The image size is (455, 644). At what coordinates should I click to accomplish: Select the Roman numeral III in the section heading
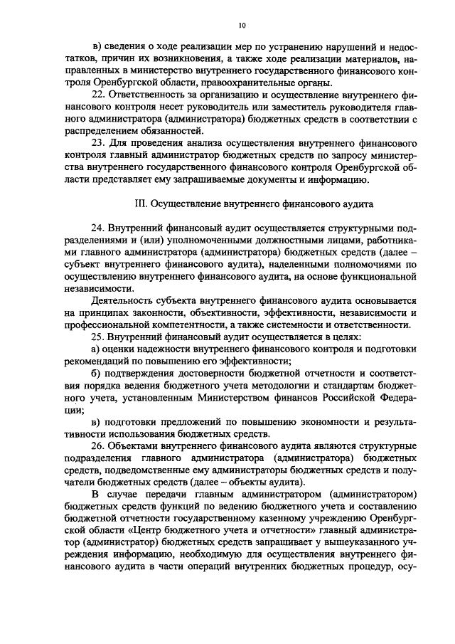click(140, 203)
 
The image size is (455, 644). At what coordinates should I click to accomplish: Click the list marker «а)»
click(100, 350)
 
